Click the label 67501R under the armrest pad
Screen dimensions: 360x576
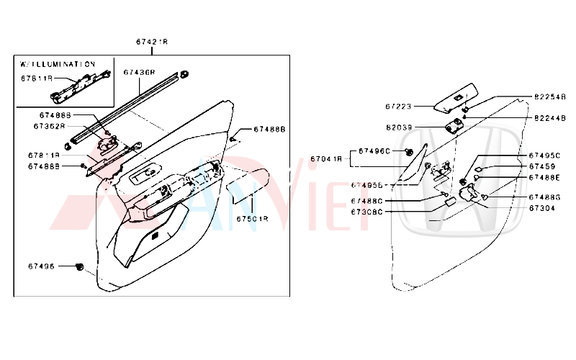(253, 218)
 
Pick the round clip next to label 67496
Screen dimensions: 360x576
(79, 267)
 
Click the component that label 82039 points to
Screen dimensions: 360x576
(454, 127)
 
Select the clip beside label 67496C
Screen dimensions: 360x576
(409, 152)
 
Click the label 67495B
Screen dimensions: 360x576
(366, 185)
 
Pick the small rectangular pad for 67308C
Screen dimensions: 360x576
(449, 204)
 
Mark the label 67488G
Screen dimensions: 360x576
(544, 197)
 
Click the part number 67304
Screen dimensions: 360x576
(541, 208)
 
